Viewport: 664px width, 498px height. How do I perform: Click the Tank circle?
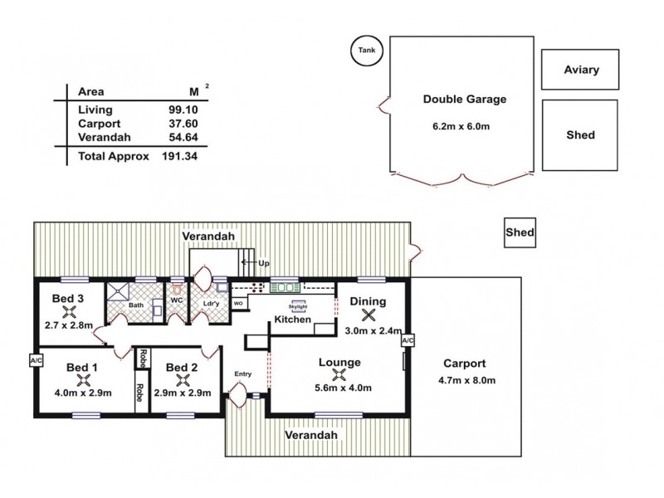[365, 51]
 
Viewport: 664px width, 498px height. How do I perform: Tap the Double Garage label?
[464, 99]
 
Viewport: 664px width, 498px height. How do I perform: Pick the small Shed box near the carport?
[520, 233]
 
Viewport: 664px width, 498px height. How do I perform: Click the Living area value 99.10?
[181, 110]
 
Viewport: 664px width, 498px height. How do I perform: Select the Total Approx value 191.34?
[180, 155]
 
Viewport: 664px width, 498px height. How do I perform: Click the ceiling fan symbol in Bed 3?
[71, 314]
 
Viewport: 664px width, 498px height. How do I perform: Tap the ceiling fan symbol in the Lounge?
[339, 373]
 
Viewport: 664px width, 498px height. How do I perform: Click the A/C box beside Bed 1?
[36, 361]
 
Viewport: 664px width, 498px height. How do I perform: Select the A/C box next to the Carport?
[407, 341]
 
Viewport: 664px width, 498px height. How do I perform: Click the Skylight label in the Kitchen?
[297, 305]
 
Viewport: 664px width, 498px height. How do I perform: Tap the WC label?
[176, 300]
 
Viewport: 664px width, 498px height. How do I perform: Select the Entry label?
[242, 373]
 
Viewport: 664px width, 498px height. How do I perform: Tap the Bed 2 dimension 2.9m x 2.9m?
[183, 393]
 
